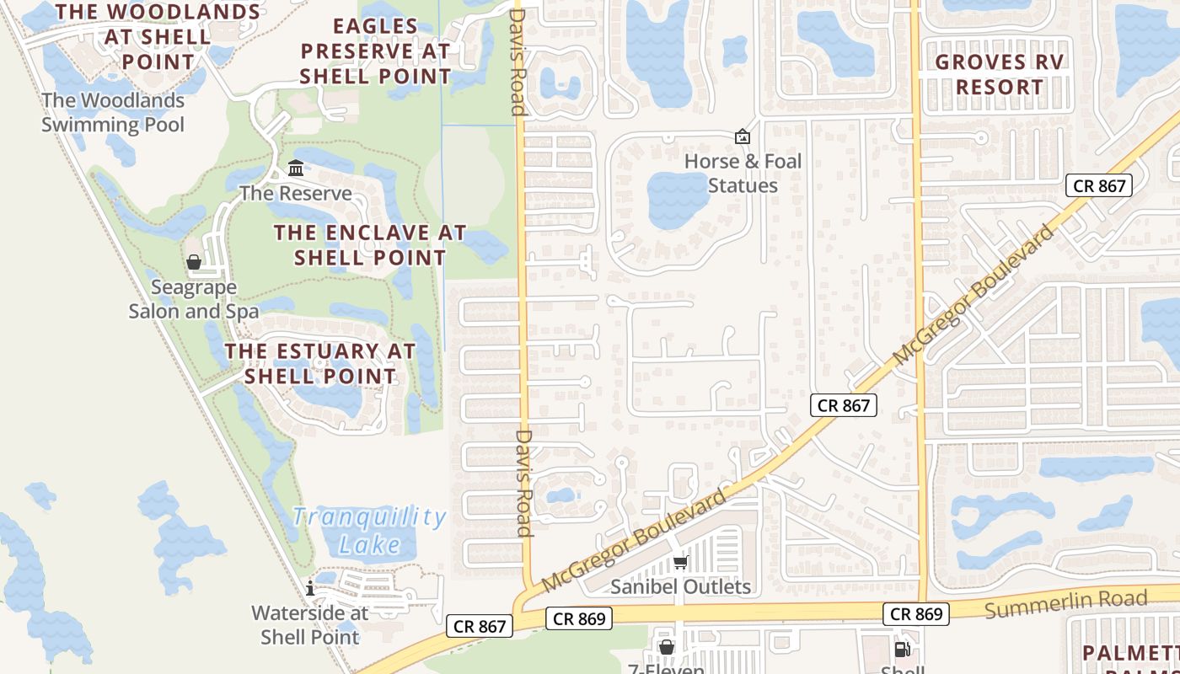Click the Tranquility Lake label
369,530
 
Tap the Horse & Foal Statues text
743,173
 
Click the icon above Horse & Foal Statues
743,136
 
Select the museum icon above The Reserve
296,168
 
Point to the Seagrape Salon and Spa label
193,299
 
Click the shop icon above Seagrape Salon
194,262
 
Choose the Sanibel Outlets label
680,586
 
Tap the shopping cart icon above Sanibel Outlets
681,562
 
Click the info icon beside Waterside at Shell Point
310,588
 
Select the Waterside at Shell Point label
310,624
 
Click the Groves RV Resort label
1000,74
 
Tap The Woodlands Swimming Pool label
113,112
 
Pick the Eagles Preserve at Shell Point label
376,51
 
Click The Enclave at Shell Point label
370,245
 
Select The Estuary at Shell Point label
320,363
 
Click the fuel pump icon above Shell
902,649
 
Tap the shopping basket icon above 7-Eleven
667,647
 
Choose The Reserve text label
296,193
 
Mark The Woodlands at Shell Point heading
158,37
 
